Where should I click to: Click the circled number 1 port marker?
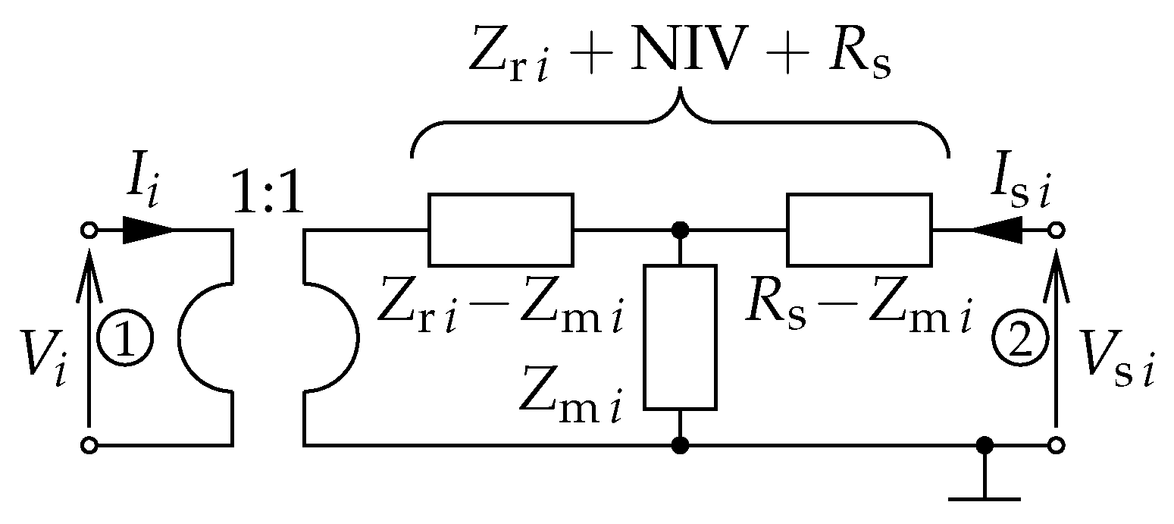(126, 337)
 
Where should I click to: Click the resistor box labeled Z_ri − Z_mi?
(500, 230)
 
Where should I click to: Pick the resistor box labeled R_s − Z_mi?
(859, 230)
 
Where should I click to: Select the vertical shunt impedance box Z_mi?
(680, 337)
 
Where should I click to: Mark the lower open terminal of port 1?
(89, 445)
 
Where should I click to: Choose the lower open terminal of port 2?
(1055, 445)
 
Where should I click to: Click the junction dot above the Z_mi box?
(680, 230)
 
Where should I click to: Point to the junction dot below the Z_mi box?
(680, 445)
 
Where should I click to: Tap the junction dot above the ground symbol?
(985, 445)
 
